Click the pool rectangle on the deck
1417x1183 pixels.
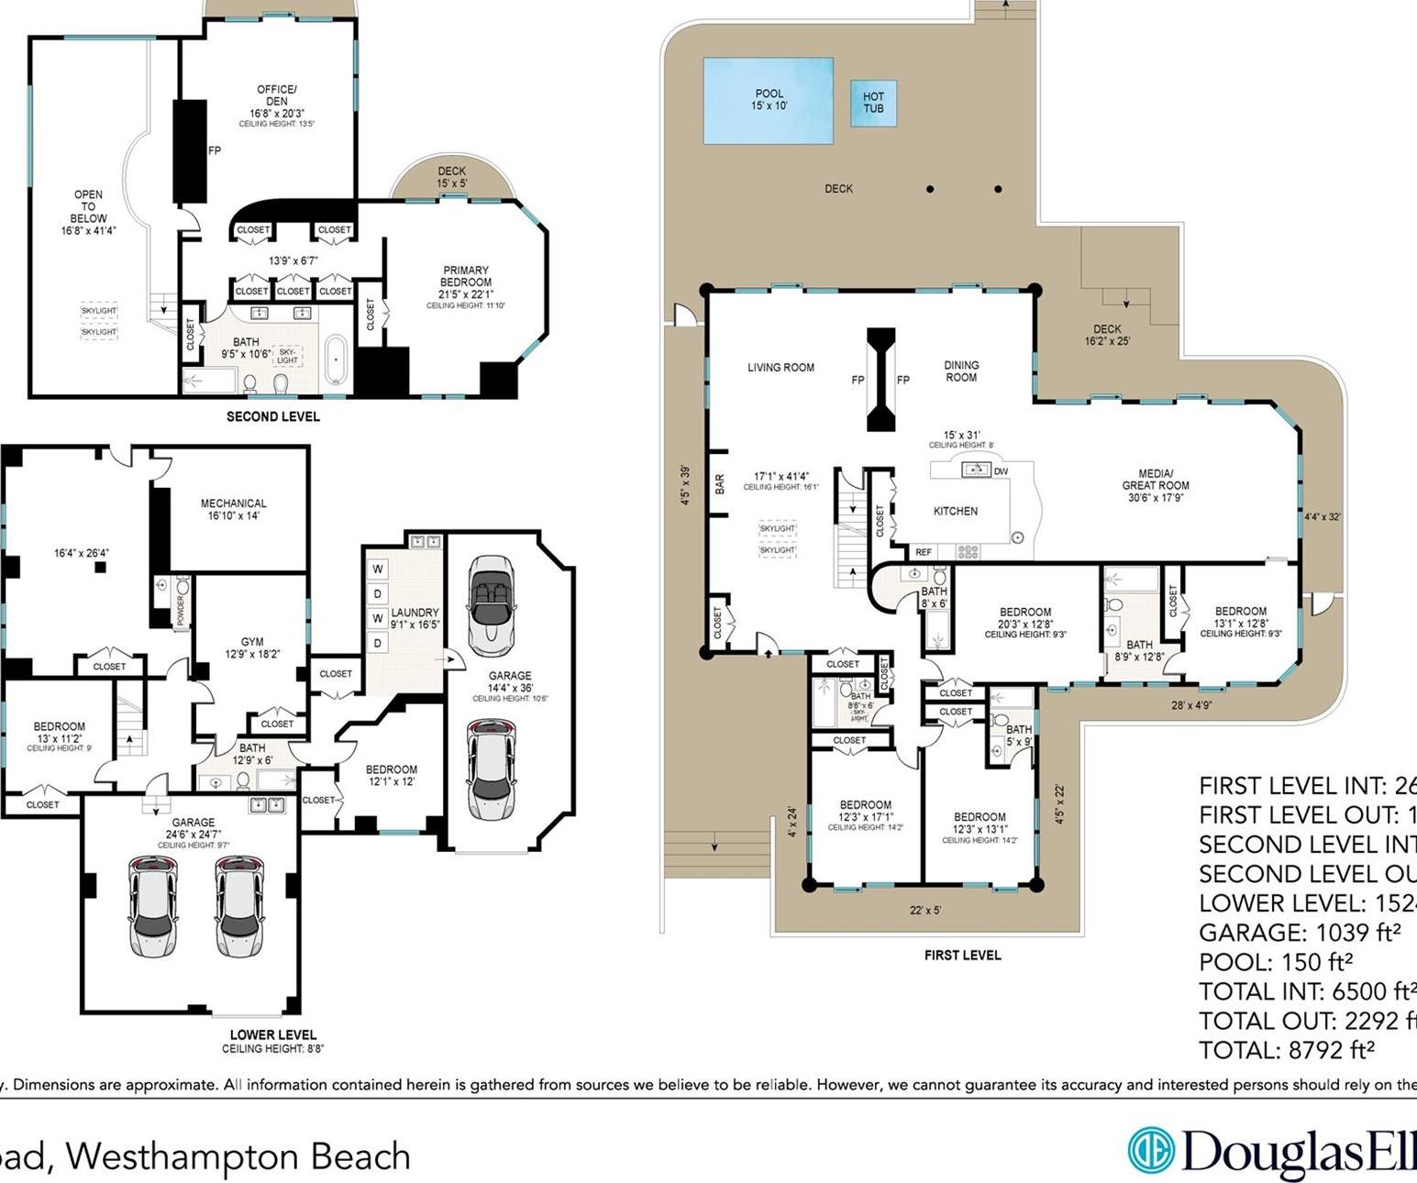click(x=768, y=100)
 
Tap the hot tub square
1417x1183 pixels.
click(x=873, y=103)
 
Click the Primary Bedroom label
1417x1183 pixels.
click(x=466, y=276)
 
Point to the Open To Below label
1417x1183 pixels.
click(x=88, y=212)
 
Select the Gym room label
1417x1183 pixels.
click(x=252, y=642)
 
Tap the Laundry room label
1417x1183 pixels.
click(x=415, y=613)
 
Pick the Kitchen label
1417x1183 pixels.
click(x=955, y=511)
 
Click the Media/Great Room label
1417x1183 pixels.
click(x=1155, y=480)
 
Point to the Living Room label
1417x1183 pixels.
click(x=780, y=368)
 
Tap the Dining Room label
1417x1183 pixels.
click(x=961, y=370)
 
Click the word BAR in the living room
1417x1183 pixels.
click(x=720, y=484)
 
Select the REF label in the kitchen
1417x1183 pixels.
click(x=923, y=552)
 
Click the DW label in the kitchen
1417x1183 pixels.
click(x=1001, y=471)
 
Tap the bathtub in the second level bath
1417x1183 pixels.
click(x=336, y=361)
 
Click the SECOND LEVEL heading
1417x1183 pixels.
click(x=273, y=416)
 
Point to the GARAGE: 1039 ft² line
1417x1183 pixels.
click(x=1299, y=933)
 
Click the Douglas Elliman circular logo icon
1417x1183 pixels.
click(x=1151, y=1150)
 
